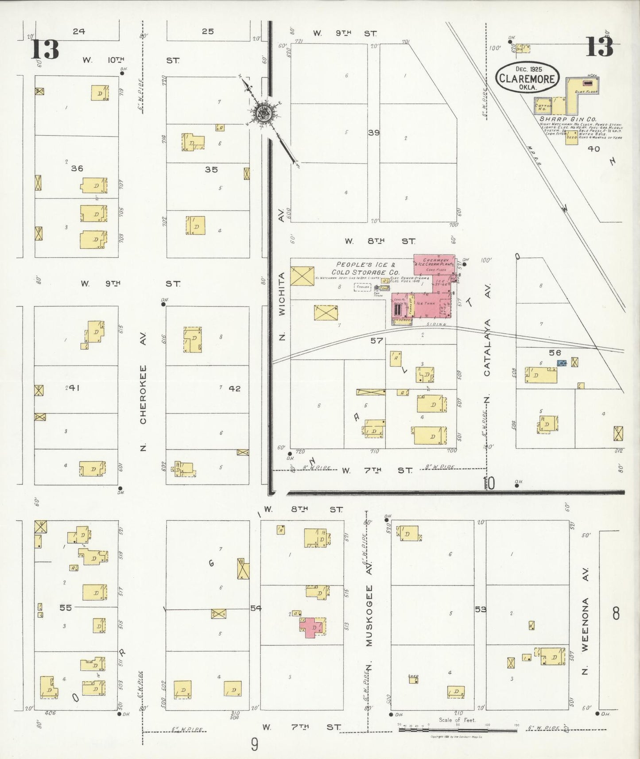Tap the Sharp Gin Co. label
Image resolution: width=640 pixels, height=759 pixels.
click(568, 120)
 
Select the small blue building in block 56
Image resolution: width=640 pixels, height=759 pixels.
click(562, 363)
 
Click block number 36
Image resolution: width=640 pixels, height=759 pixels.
click(77, 168)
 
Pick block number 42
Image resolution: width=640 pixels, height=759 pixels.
click(234, 388)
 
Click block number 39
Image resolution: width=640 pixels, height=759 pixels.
click(373, 132)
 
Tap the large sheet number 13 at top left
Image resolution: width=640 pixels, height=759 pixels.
click(45, 49)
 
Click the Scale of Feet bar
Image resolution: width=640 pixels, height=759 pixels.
click(456, 729)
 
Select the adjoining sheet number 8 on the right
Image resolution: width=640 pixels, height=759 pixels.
click(616, 614)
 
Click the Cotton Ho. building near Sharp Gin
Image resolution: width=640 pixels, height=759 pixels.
click(543, 106)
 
